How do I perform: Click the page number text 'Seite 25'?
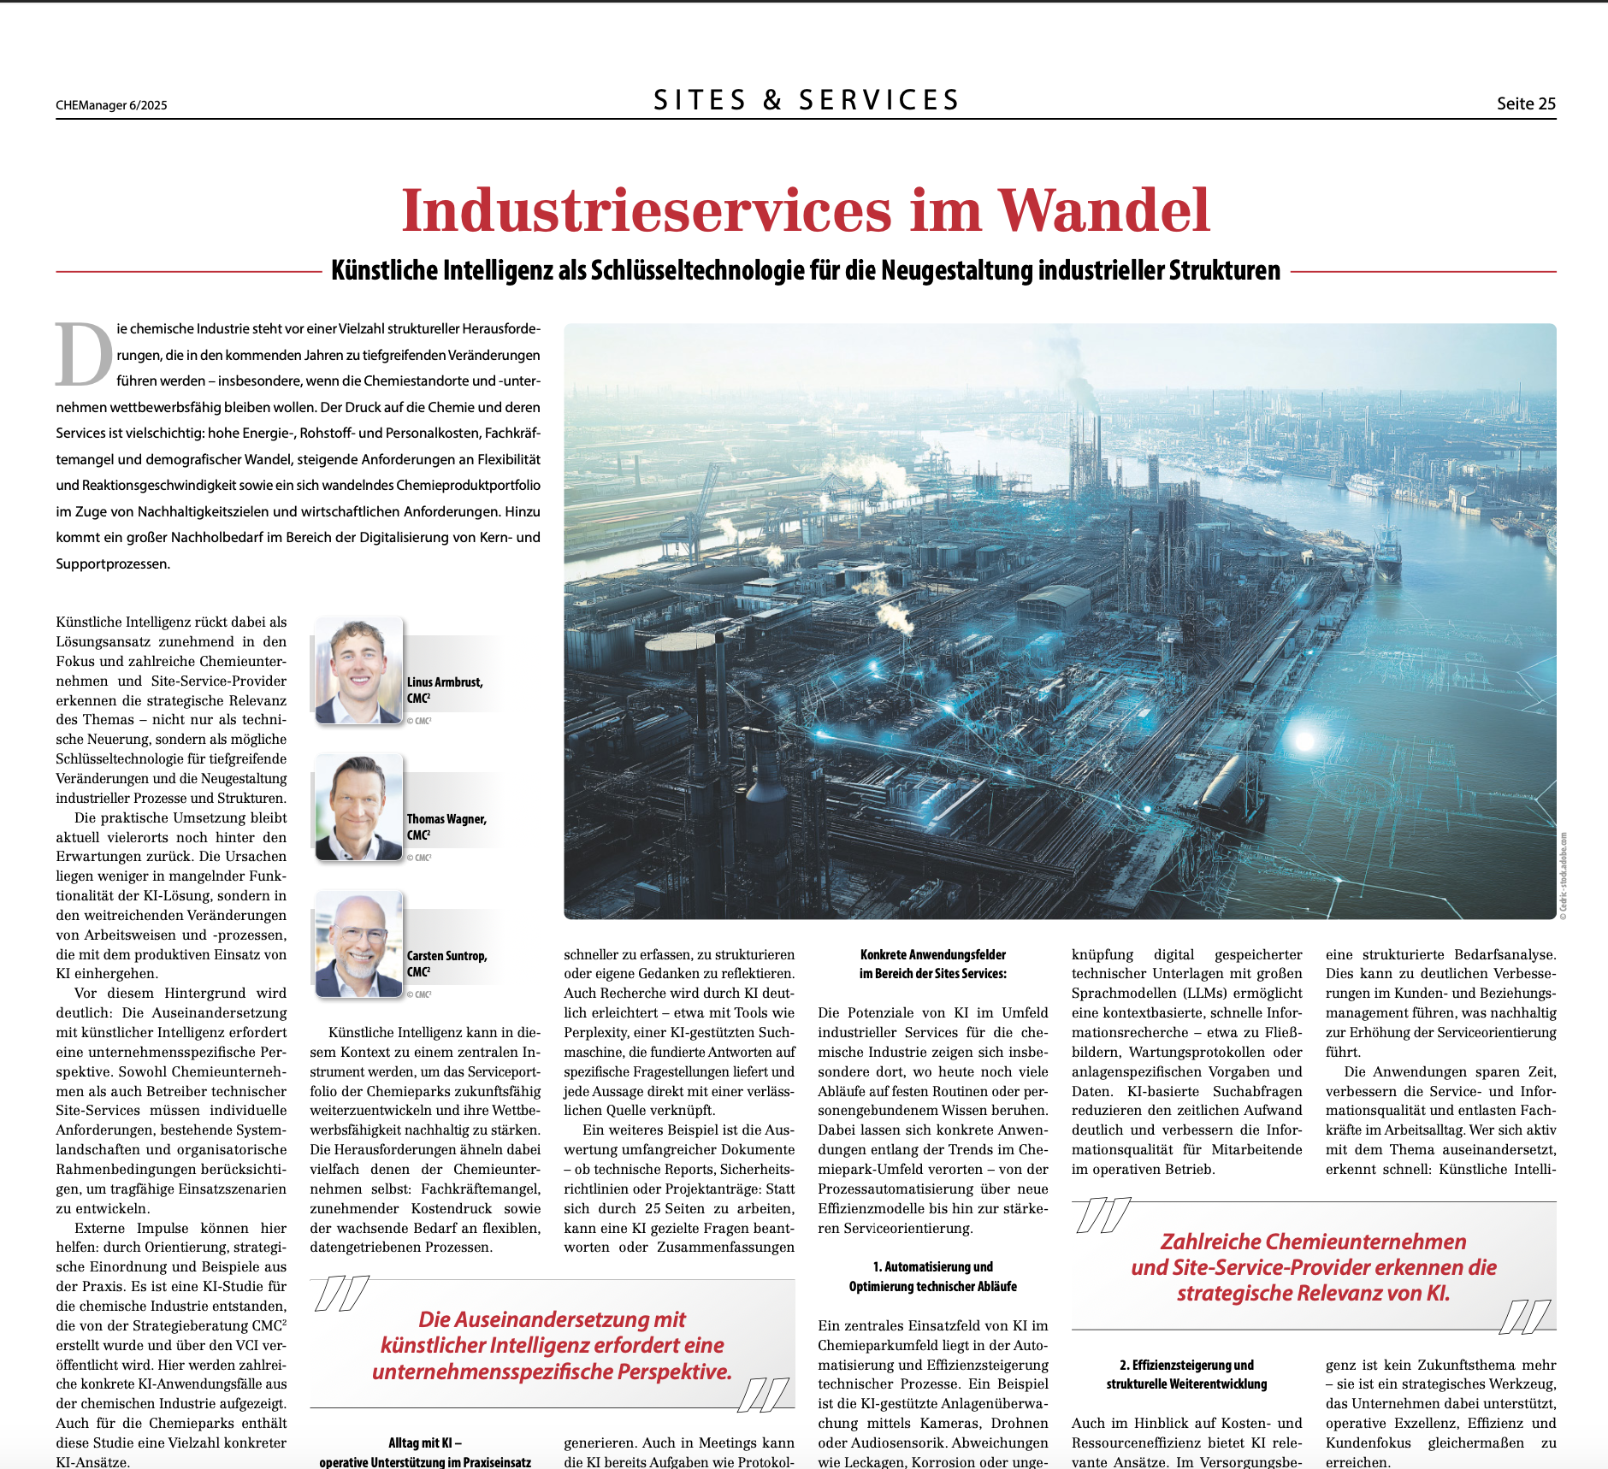coord(1525,103)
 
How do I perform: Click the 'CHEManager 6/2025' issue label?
coord(111,105)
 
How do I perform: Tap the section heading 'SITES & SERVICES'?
coord(806,100)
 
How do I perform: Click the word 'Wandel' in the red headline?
coord(1103,210)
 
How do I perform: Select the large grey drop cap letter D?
coord(83,354)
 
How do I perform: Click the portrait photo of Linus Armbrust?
coord(358,670)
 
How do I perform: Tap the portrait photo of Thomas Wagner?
coord(358,807)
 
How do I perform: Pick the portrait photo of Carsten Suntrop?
coord(358,944)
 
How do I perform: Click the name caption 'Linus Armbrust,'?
coord(445,682)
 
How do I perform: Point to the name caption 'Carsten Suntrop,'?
coord(446,956)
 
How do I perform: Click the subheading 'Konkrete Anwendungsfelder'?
coord(932,954)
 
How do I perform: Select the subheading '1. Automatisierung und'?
coord(932,1266)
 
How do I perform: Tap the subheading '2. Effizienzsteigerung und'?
coord(1186,1365)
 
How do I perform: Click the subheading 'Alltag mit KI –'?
coord(425,1442)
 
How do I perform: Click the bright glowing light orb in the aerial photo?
coord(1304,740)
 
